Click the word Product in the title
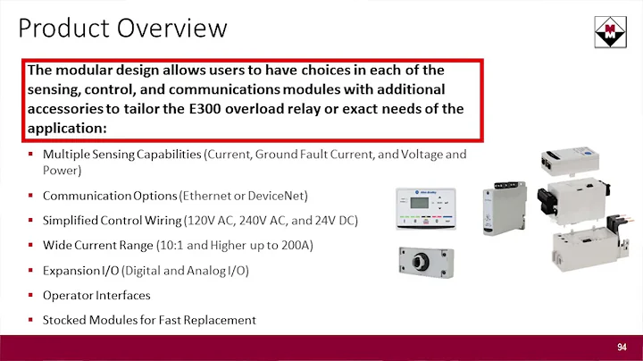coord(62,29)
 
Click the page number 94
coord(622,347)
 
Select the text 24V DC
coord(320,220)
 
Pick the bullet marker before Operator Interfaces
coord(30,295)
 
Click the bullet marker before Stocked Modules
coord(30,320)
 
